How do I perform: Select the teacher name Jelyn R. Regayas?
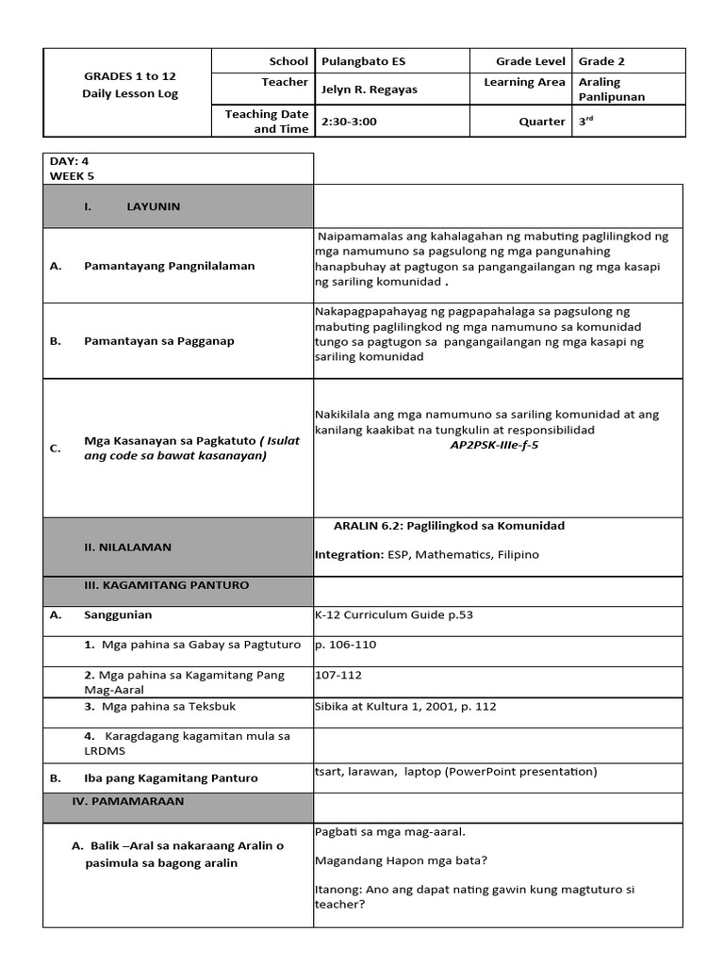click(370, 90)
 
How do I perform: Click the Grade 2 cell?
click(601, 61)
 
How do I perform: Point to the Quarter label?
click(542, 122)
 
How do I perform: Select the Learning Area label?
click(524, 82)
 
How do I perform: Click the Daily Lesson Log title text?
click(130, 93)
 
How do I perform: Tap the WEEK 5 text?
click(72, 175)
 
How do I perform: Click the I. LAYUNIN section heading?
click(131, 206)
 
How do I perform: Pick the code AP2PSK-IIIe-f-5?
click(494, 445)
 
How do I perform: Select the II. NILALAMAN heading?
click(127, 547)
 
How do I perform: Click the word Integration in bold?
click(349, 555)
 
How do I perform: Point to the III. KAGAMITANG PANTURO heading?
click(166, 585)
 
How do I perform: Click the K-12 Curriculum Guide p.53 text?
click(394, 615)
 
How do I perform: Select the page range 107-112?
click(338, 675)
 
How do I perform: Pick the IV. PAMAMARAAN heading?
click(135, 801)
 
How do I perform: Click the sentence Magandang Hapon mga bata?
click(401, 859)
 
